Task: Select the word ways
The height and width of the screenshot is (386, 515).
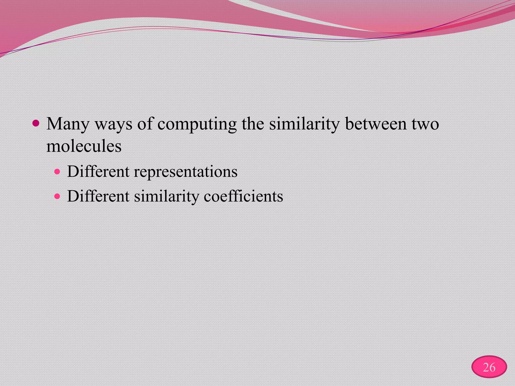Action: (113, 124)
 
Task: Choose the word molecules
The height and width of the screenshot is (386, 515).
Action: (84, 146)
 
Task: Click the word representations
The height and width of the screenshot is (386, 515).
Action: (186, 172)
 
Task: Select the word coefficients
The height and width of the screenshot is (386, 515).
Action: (243, 196)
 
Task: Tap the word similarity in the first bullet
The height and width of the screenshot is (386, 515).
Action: (305, 124)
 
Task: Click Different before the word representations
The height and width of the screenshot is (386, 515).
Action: (98, 172)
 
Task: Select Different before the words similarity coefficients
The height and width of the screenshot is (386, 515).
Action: (98, 196)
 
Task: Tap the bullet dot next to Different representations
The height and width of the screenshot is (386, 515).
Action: (58, 172)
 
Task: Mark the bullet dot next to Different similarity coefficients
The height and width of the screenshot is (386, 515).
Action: (58, 196)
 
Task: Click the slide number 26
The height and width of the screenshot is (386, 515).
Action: (489, 367)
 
